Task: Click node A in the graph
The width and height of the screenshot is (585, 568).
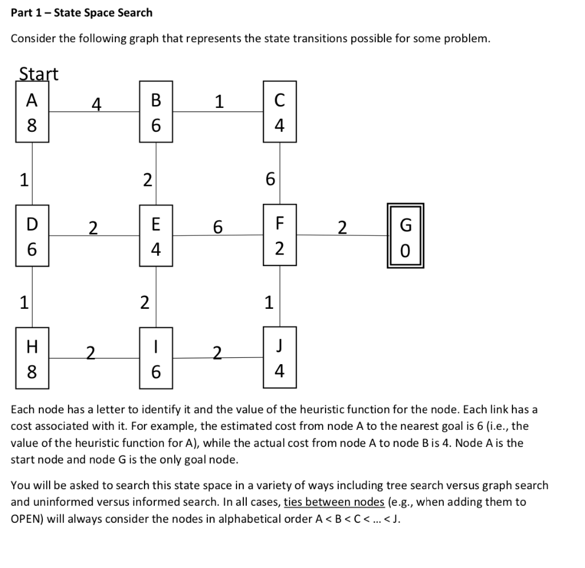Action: [32, 112]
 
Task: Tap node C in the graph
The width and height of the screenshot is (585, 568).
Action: [279, 112]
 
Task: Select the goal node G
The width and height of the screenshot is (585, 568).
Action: [406, 236]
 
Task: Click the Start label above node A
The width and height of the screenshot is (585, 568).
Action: [39, 74]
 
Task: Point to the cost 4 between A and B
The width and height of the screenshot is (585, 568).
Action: [97, 104]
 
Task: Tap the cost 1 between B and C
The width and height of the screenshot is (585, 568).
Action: [218, 102]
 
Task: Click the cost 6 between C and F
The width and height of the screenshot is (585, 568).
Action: [270, 179]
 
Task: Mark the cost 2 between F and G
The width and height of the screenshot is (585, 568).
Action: [342, 228]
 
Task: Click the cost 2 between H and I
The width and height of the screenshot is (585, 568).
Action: [89, 350]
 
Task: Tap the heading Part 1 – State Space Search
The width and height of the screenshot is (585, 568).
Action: [82, 12]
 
